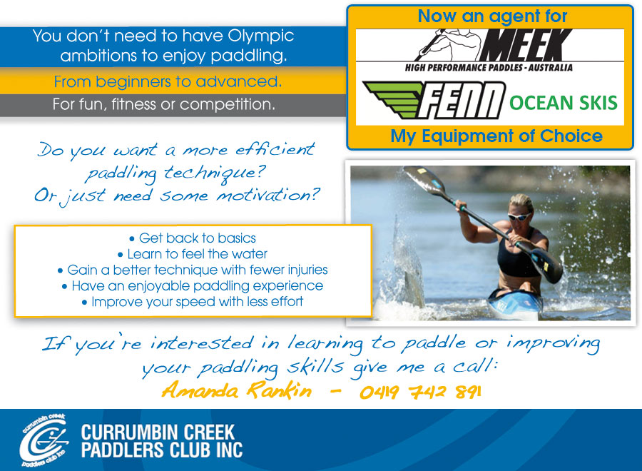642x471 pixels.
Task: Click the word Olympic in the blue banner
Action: point(261,37)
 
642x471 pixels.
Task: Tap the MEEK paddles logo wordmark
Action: point(526,45)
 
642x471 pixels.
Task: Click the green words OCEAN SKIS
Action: point(564,102)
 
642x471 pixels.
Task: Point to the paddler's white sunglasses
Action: point(519,217)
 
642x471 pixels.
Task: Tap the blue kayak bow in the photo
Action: point(514,303)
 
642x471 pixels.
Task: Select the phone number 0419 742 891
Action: point(420,392)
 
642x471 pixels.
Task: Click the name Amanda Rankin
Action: point(237,390)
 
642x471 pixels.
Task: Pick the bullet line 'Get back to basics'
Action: point(193,238)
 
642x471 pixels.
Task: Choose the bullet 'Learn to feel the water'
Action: point(193,254)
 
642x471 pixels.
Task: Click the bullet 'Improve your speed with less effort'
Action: point(193,302)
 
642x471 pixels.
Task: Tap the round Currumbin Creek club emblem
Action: point(44,441)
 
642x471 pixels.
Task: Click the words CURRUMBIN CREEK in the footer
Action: point(158,432)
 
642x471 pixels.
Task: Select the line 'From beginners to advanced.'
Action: point(168,82)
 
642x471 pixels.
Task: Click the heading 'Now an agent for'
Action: point(492,17)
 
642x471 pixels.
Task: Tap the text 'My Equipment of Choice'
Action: point(496,136)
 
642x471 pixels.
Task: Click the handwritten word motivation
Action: point(267,195)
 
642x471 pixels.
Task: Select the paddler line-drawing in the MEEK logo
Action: point(449,45)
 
